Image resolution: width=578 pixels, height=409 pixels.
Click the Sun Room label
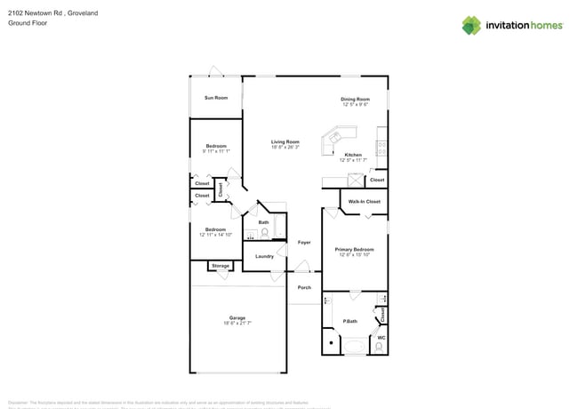pos(216,98)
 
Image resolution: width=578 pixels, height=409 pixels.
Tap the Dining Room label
pos(355,99)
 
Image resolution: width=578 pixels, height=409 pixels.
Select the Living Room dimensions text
pos(285,148)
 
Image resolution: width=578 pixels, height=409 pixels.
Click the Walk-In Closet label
pos(365,202)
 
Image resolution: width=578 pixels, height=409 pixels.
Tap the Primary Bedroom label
pos(355,250)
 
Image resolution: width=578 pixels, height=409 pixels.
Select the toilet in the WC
pos(381,349)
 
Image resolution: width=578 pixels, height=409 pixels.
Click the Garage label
pos(237,317)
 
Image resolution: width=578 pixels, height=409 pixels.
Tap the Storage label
pos(221,266)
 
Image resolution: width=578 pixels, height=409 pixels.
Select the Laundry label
pos(264,256)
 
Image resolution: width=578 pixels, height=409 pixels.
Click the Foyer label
pos(303,242)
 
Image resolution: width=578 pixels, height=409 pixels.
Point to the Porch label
pos(303,287)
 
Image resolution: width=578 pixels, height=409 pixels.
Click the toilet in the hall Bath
pos(265,233)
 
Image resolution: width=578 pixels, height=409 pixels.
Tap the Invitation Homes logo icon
pos(471,26)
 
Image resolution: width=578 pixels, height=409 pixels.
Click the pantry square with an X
pos(354,180)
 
